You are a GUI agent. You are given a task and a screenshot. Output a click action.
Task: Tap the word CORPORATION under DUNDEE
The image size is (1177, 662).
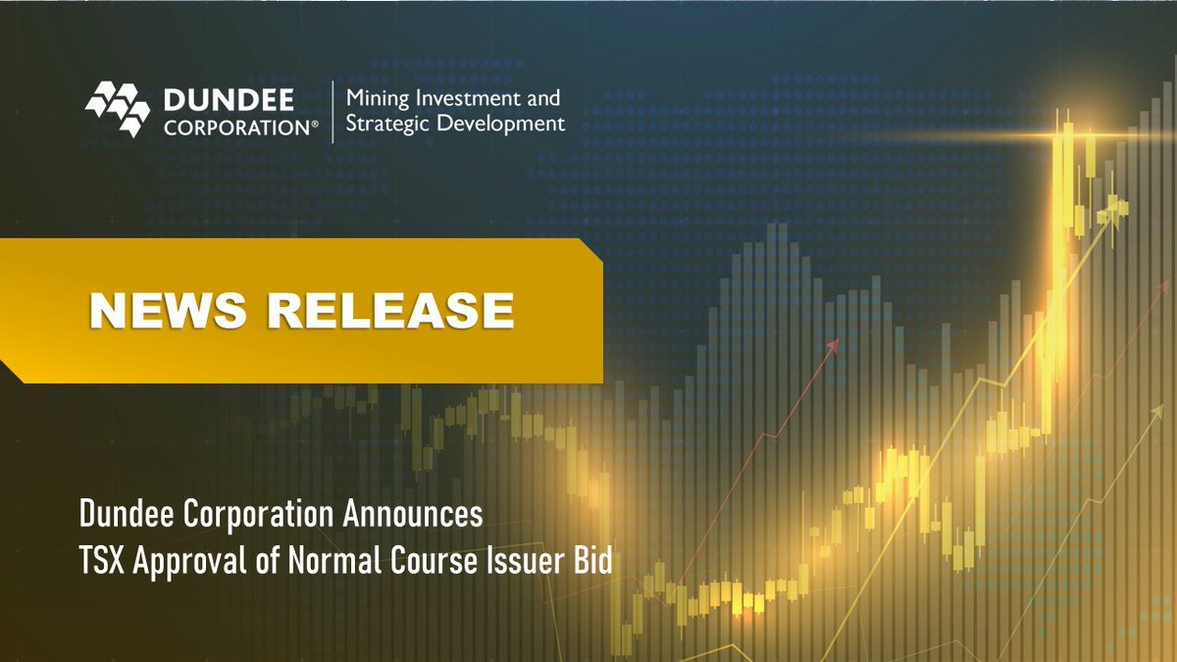(234, 127)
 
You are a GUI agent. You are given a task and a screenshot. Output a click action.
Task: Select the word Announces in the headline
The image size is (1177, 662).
(417, 513)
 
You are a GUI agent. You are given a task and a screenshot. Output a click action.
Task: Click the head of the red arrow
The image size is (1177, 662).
(835, 345)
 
